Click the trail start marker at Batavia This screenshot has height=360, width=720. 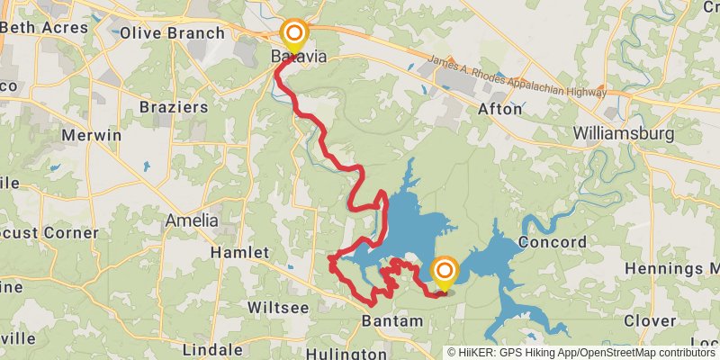pos(294,36)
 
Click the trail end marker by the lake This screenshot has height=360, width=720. pos(445,272)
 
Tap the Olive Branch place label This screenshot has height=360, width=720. pos(172,33)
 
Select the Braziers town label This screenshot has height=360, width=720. pos(174,107)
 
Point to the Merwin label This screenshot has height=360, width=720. pos(91,135)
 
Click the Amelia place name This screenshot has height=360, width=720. pos(191,220)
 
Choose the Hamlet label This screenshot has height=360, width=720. pos(239,253)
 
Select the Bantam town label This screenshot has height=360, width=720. pos(391,321)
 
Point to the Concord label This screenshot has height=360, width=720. pos(553,242)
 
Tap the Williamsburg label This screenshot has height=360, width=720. pos(624,134)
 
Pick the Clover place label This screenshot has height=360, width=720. pos(650,320)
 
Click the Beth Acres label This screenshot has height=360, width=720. pos(44,27)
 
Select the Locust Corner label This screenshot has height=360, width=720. pos(47,232)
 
